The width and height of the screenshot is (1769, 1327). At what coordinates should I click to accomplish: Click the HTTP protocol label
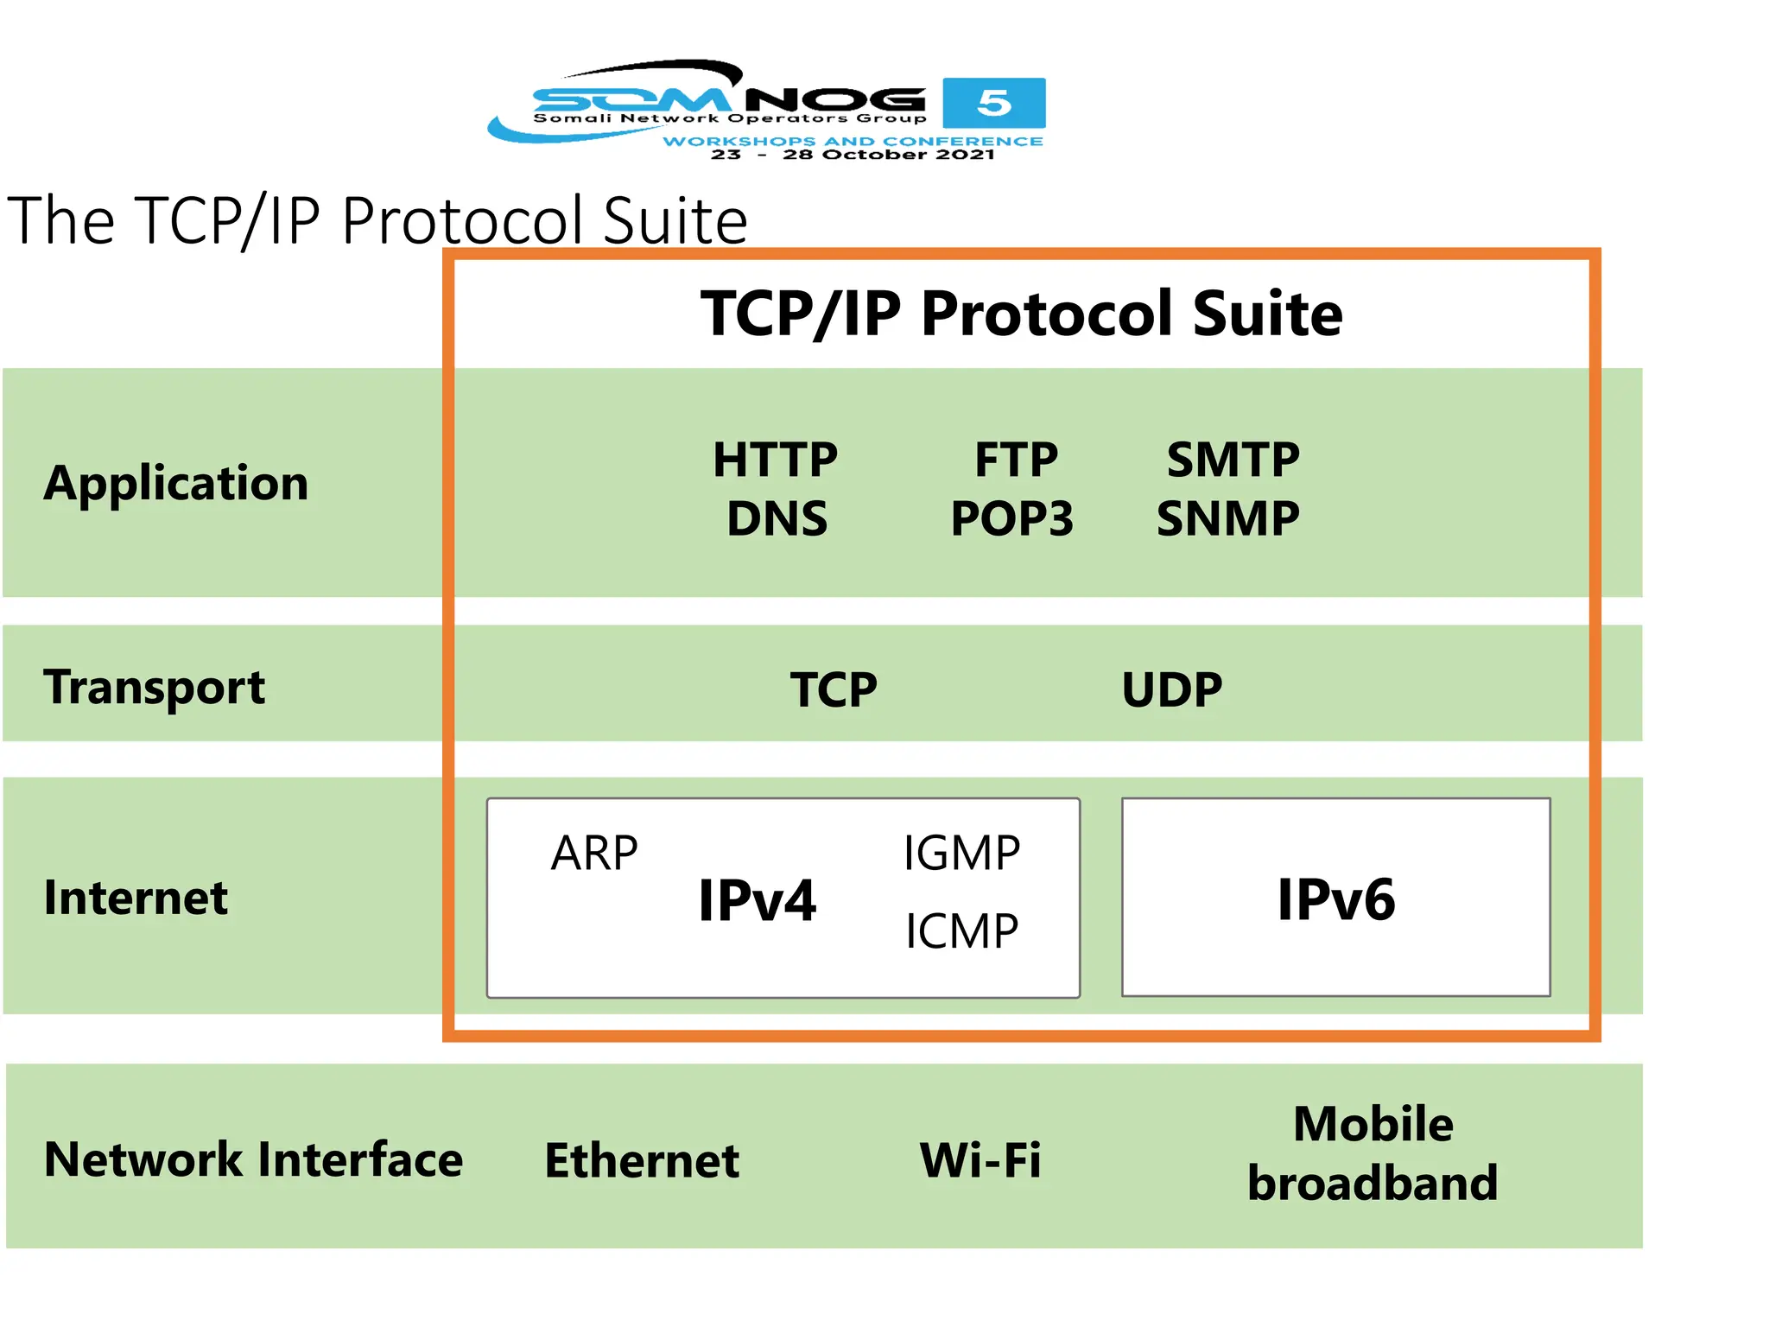775,460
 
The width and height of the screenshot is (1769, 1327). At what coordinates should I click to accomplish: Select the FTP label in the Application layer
1016,460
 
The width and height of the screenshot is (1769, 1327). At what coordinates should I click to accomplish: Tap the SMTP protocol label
1233,460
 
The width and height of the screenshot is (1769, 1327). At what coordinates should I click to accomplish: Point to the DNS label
777,519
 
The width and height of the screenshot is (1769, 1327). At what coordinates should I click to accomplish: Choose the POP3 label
1011,519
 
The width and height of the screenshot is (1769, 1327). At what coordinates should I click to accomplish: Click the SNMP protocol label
1227,519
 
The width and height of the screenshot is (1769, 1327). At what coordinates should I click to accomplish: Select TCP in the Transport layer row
834,689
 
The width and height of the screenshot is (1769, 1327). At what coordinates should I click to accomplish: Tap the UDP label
1171,689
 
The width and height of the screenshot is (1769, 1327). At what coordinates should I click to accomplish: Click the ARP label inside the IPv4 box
594,854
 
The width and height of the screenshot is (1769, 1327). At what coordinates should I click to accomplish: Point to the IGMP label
961,854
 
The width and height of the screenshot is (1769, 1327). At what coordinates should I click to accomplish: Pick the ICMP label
961,931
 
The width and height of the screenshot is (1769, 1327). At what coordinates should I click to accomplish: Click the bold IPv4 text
757,900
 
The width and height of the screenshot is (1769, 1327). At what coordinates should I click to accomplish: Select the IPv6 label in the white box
1335,899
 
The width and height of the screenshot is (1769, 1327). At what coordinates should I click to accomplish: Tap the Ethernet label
642,1160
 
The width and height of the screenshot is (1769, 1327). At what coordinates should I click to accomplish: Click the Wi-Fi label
980,1160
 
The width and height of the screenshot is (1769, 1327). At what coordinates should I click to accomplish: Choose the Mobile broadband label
1373,1153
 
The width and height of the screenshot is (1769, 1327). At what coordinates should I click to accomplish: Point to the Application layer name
176,482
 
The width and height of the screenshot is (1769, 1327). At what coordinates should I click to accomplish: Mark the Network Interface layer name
253,1159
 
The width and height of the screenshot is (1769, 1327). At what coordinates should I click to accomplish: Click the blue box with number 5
993,103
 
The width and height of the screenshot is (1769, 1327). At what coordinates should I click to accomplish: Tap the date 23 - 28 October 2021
853,155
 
